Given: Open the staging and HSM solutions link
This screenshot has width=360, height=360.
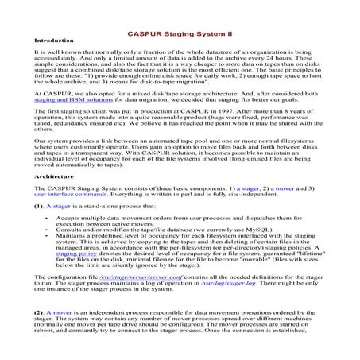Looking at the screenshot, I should point(68,124).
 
